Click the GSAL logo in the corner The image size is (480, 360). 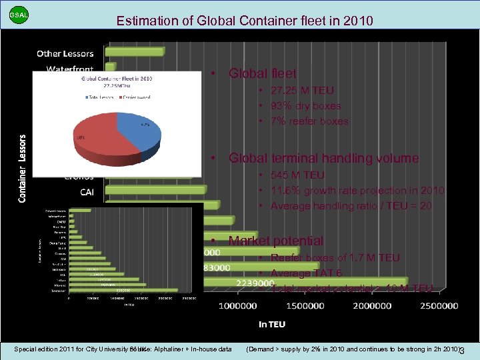pyautogui.click(x=19, y=14)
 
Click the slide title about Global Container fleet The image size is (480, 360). pyautogui.click(x=245, y=21)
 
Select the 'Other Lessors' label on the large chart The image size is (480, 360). pyautogui.click(x=65, y=53)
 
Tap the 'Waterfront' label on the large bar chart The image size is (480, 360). pyautogui.click(x=69, y=69)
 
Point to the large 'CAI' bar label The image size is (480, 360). pyautogui.click(x=87, y=193)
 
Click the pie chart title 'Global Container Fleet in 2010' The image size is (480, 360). pyautogui.click(x=117, y=78)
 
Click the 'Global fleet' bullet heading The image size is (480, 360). pyautogui.click(x=262, y=73)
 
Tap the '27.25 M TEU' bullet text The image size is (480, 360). pyautogui.click(x=302, y=90)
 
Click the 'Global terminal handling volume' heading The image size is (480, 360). pyautogui.click(x=323, y=158)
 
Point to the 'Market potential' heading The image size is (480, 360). pyautogui.click(x=275, y=241)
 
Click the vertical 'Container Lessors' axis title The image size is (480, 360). pyautogui.click(x=23, y=169)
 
